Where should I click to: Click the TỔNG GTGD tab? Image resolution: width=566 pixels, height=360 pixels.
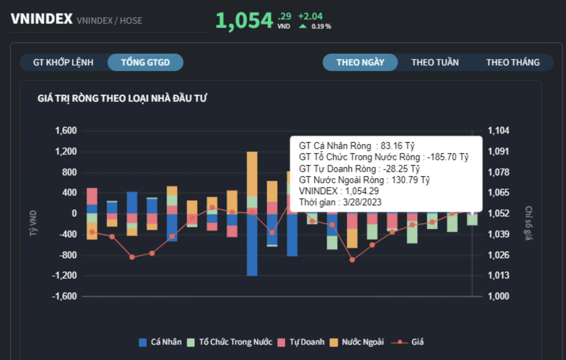[x=145, y=62]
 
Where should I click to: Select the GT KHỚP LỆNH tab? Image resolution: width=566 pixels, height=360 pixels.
[x=63, y=62]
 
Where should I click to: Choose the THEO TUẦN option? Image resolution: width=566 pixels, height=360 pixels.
[x=435, y=62]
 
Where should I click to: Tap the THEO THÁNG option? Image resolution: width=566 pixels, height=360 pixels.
[x=513, y=62]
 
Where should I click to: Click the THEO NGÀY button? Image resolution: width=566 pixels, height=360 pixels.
[x=360, y=62]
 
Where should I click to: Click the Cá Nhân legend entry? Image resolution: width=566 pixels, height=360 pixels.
[x=160, y=342]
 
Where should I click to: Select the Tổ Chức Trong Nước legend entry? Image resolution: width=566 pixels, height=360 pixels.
[x=230, y=342]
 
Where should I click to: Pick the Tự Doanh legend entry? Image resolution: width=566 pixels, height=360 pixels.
[x=301, y=342]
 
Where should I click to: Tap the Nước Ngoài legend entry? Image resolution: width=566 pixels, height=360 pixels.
[x=357, y=342]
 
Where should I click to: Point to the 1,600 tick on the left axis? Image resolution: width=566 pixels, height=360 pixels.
[x=66, y=131]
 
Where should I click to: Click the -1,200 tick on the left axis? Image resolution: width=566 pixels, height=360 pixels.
[x=64, y=275]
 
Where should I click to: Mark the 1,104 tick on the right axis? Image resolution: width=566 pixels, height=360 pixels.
[x=498, y=131]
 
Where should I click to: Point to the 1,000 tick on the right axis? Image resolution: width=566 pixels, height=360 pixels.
[x=498, y=296]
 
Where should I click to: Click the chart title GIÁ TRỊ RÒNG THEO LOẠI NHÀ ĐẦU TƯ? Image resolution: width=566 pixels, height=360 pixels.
[x=122, y=99]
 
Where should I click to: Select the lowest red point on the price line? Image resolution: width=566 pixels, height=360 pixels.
[x=352, y=260]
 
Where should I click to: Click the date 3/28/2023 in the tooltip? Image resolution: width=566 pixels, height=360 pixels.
[x=362, y=202]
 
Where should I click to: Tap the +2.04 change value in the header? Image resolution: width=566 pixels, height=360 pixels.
[x=310, y=16]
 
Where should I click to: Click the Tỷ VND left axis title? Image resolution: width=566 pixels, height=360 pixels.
[x=33, y=223]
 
